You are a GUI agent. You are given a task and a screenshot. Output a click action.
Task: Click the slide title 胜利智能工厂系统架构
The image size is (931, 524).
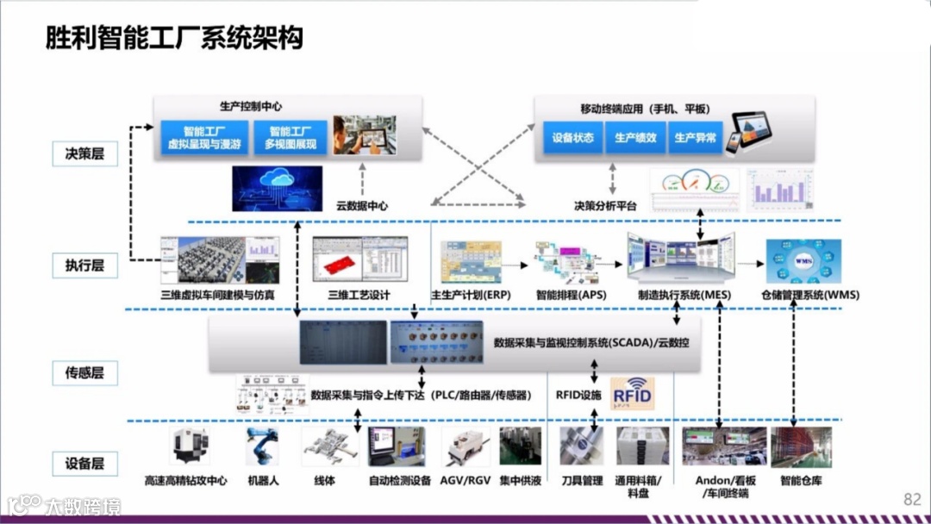[174, 38]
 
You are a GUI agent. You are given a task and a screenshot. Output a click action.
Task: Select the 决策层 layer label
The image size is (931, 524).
[84, 153]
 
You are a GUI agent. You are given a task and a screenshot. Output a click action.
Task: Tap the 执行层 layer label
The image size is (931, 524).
[84, 265]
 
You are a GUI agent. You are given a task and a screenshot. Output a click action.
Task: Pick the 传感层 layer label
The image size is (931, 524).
[84, 373]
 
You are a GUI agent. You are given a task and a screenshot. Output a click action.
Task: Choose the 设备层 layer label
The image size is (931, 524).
[84, 463]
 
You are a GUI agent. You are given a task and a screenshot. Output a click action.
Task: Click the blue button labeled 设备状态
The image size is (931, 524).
[573, 138]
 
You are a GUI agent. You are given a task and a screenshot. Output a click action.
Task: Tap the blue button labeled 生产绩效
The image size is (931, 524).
[635, 138]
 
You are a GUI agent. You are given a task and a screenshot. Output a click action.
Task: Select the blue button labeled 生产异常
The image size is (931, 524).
[695, 138]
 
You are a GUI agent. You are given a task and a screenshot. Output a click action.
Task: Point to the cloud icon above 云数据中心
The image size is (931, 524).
[277, 184]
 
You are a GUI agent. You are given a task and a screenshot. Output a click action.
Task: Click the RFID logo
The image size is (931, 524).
[632, 393]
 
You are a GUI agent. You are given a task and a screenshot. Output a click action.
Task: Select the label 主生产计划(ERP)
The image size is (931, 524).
[471, 295]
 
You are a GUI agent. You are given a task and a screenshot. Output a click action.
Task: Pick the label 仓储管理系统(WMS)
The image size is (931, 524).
[809, 295]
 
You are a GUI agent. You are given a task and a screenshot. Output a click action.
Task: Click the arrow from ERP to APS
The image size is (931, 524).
[516, 260]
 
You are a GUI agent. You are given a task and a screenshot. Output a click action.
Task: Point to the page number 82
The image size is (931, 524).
[912, 499]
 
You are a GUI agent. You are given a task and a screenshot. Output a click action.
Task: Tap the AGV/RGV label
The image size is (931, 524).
[465, 481]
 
